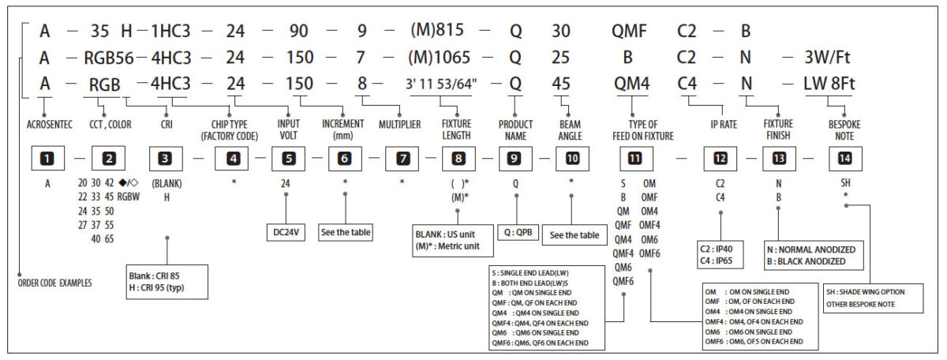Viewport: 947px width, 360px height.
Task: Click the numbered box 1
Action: click(49, 159)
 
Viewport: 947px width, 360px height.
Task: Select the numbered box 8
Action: click(459, 159)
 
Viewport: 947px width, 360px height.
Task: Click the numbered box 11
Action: click(635, 159)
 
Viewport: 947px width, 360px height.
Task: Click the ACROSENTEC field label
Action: click(49, 124)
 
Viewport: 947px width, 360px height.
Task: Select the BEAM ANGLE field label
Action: click(571, 129)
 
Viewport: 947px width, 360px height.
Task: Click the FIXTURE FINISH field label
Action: click(778, 129)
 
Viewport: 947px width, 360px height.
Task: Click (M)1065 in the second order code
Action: click(447, 57)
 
